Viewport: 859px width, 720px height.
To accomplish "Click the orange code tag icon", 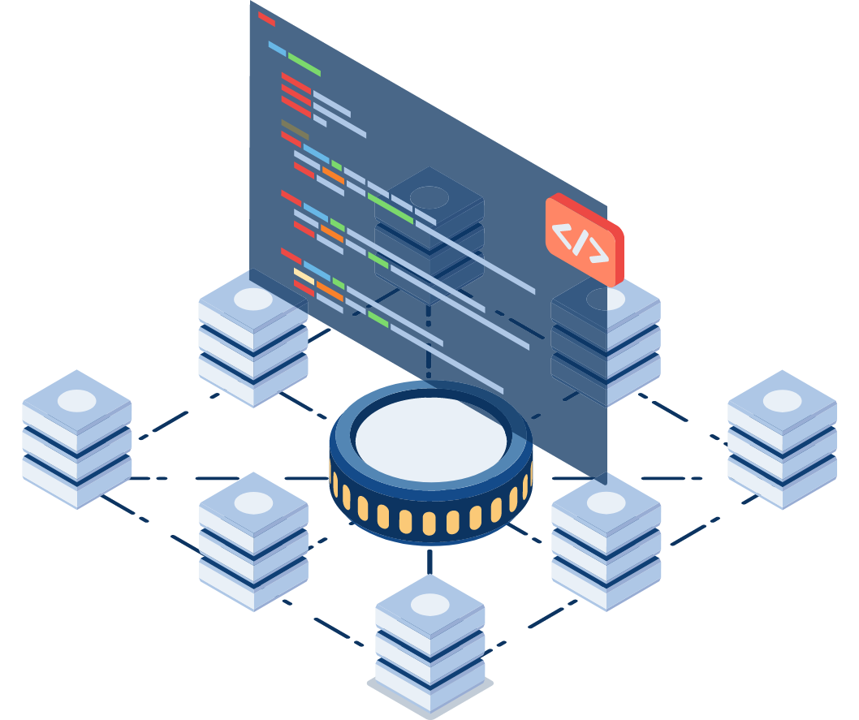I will point(584,239).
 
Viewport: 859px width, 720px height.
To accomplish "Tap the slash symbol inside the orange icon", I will point(579,241).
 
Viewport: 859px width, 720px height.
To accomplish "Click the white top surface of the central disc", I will point(430,438).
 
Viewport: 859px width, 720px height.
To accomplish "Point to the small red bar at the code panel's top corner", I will point(266,18).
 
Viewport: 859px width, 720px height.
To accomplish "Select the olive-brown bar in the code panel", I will point(295,128).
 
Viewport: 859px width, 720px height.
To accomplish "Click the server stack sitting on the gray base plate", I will point(429,641).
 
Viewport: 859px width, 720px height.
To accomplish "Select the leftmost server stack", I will point(77,439).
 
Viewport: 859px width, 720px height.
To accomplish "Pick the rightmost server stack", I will point(782,439).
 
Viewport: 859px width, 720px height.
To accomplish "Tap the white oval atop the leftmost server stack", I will point(77,400).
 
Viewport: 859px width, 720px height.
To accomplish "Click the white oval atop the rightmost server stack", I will point(782,400).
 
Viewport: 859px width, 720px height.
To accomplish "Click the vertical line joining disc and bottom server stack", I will point(429,560).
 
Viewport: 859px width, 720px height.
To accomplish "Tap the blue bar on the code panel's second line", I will point(277,48).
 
